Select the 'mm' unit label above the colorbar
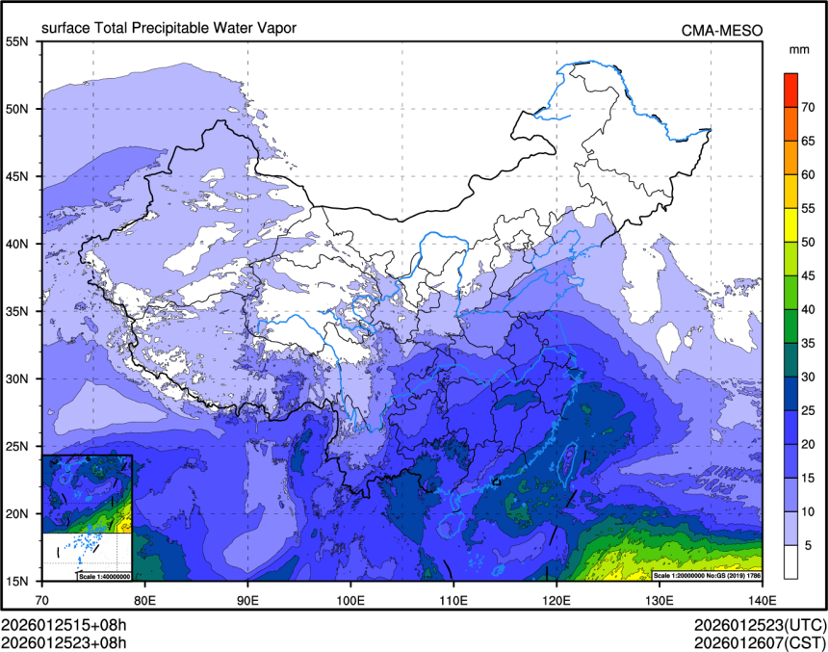[799, 48]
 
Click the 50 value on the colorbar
[811, 242]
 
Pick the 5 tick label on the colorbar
[809, 545]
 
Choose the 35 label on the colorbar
[811, 343]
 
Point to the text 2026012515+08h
[64, 623]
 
